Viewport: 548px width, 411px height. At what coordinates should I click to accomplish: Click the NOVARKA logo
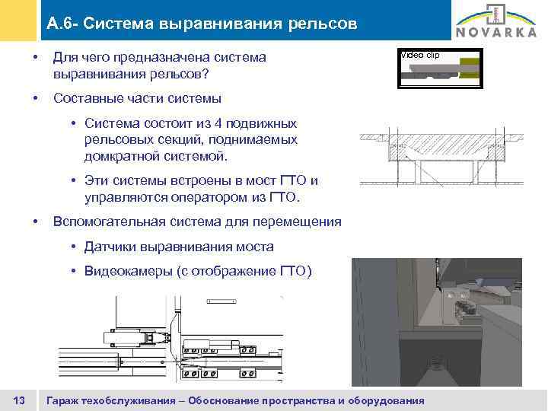[495, 24]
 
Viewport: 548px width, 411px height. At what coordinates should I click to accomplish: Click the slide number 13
[21, 400]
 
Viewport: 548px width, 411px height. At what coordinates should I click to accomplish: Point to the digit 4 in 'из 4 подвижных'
[226, 123]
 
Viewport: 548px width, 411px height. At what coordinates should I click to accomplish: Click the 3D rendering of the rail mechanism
[436, 323]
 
